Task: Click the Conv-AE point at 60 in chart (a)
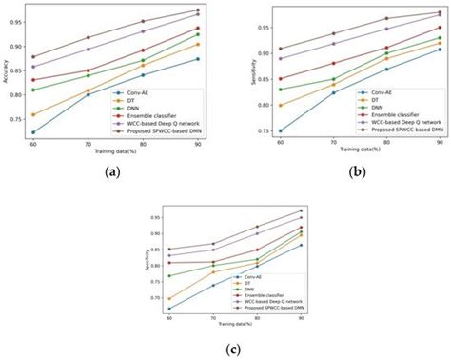click(34, 132)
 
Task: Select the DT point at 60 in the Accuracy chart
click(34, 114)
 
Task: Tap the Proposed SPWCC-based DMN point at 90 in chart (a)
click(197, 10)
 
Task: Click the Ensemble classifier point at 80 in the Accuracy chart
click(143, 50)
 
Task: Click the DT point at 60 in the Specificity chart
click(169, 298)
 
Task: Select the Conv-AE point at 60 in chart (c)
click(169, 309)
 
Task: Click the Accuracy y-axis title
click(8, 71)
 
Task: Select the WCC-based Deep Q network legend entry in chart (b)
click(403, 122)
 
